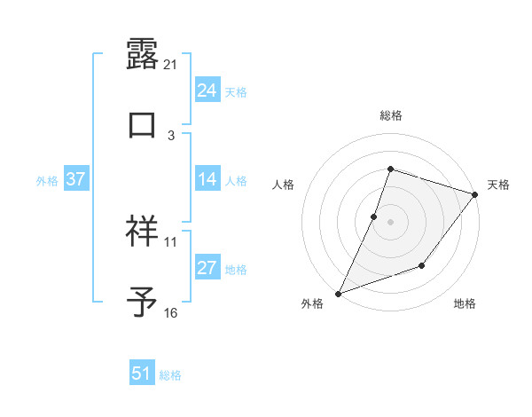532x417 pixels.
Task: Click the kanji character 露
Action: click(142, 52)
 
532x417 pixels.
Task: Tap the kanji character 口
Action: click(142, 124)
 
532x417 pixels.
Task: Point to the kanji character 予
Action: click(142, 303)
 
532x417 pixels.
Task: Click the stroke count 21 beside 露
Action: click(171, 64)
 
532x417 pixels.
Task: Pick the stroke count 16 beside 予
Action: click(171, 313)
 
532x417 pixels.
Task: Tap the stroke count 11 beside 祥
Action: click(171, 241)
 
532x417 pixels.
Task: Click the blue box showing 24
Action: click(207, 90)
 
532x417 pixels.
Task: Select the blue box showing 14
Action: click(207, 179)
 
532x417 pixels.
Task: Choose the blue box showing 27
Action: click(207, 268)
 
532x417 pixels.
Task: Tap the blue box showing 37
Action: click(75, 179)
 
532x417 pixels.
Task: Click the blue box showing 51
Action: click(142, 374)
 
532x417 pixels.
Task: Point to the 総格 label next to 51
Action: click(170, 375)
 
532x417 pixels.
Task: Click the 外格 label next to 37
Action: click(47, 180)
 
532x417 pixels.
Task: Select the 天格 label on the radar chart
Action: click(498, 185)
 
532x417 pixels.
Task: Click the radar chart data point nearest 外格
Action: click(338, 293)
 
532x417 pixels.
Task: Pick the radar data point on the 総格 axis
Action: click(390, 169)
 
